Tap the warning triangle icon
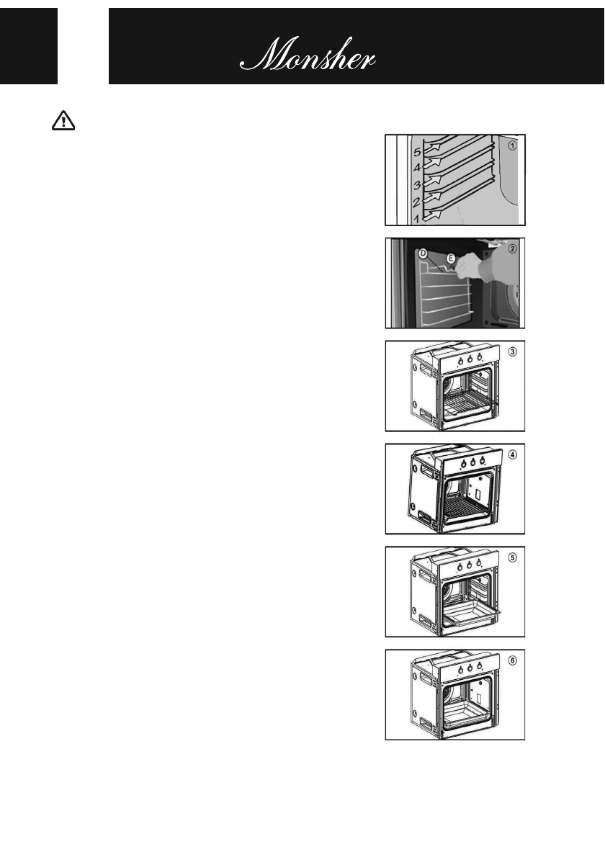click(64, 122)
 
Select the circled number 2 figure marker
click(512, 249)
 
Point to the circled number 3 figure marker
click(512, 351)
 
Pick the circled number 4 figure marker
click(512, 454)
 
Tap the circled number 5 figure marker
click(512, 557)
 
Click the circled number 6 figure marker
click(512, 660)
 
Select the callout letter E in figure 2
click(450, 258)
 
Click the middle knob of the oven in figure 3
click(470, 358)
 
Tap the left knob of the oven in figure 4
click(460, 462)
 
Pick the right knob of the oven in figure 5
click(478, 565)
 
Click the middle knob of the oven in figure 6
click(470, 668)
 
